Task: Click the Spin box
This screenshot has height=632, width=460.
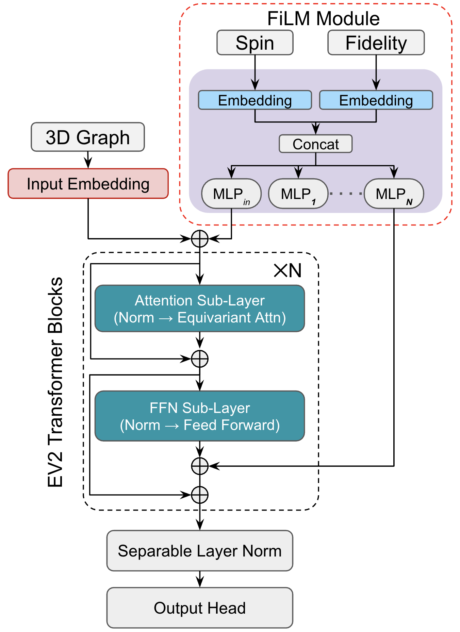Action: tap(255, 43)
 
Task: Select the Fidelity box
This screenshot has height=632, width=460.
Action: tap(376, 43)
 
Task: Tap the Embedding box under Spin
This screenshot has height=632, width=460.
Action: tap(255, 100)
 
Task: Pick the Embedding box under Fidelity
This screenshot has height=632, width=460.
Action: tap(376, 100)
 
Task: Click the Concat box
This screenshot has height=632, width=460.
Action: tap(316, 144)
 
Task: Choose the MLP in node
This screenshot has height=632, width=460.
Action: tap(231, 194)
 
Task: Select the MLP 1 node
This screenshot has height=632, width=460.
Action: tap(298, 194)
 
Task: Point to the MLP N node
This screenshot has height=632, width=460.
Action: tap(394, 194)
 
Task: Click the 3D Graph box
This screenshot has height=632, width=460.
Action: tap(88, 137)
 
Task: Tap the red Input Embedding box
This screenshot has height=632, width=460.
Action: tap(88, 184)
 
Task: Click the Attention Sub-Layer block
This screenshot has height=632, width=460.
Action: tap(200, 309)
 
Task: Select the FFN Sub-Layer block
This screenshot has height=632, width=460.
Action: tap(200, 416)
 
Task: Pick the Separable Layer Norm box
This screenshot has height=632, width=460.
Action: tap(200, 551)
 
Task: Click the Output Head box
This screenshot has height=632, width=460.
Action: tap(200, 608)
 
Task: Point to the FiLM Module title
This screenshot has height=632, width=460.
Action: tap(323, 18)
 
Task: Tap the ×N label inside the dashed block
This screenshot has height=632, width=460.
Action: tap(288, 271)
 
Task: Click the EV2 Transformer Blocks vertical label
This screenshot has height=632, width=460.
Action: tap(55, 382)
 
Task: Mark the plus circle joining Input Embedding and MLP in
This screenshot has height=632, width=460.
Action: tap(200, 239)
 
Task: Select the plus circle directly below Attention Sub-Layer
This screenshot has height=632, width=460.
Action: tap(200, 359)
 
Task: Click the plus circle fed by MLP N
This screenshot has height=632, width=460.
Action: tap(200, 466)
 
